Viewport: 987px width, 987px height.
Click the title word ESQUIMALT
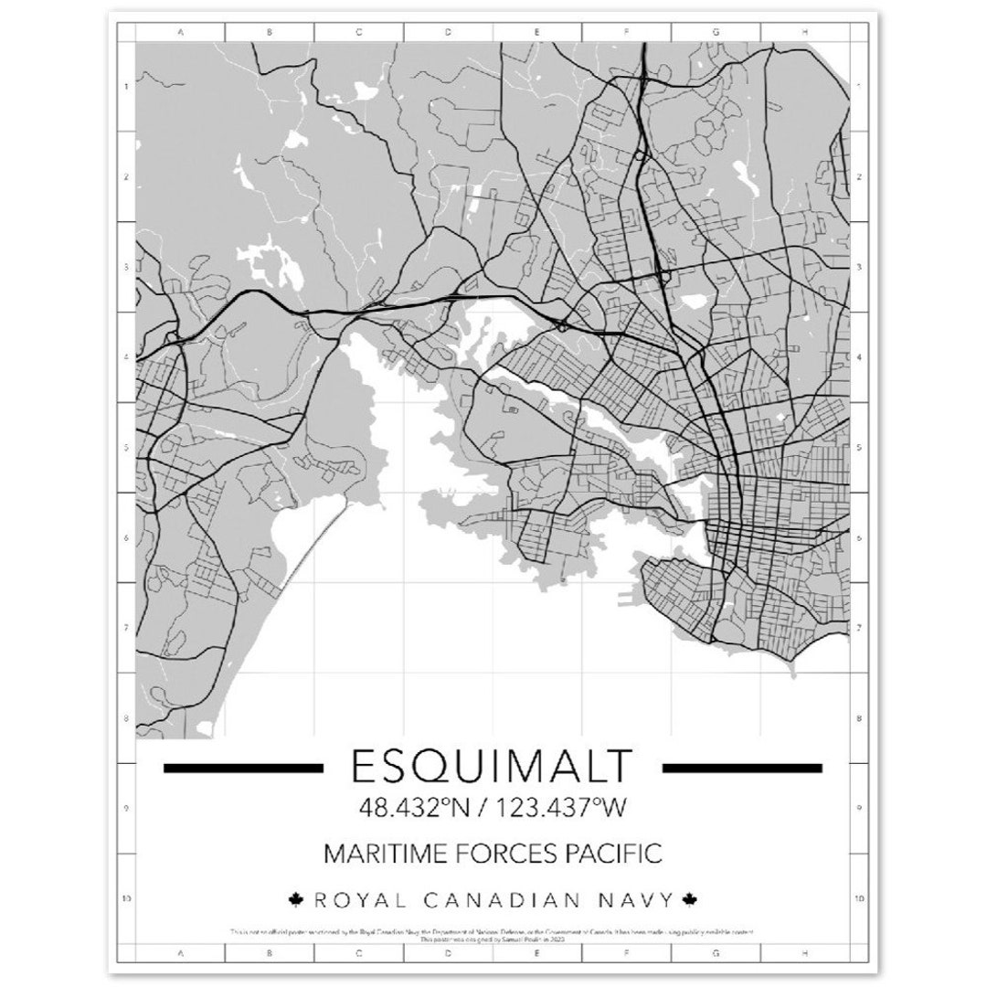(x=492, y=767)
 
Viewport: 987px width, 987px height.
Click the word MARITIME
(x=378, y=854)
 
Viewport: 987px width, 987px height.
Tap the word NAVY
(x=634, y=900)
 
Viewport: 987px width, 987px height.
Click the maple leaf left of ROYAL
(x=295, y=900)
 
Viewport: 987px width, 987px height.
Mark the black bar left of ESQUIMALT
(x=243, y=768)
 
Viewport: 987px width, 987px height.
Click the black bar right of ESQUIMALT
(x=741, y=768)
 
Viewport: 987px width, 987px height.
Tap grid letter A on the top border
(x=180, y=32)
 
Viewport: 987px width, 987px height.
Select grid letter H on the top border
(x=805, y=32)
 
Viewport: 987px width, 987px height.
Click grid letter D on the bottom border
(x=448, y=953)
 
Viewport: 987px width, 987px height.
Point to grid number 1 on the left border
(x=125, y=88)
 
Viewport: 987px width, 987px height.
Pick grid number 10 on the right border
(x=859, y=898)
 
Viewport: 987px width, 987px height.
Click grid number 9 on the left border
(x=125, y=808)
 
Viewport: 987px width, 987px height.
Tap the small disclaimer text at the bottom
(x=493, y=935)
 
